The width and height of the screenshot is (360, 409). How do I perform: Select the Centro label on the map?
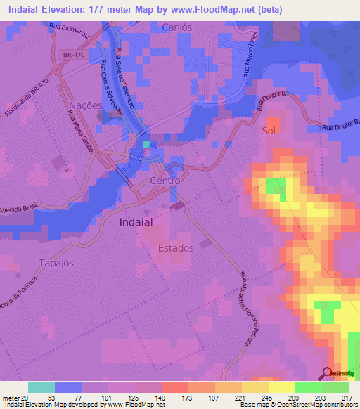pos(165,181)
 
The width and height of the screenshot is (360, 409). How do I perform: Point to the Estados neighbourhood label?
pos(176,248)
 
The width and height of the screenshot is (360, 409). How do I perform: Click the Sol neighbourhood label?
pos(268,130)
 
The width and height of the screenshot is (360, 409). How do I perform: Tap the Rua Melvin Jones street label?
pos(252,53)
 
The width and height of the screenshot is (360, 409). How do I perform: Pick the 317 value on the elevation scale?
pos(346,397)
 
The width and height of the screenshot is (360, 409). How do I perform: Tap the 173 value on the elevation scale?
pos(188,397)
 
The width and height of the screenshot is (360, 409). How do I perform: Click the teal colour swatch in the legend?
pos(41,387)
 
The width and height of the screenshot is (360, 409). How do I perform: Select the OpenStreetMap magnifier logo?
pos(328,374)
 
